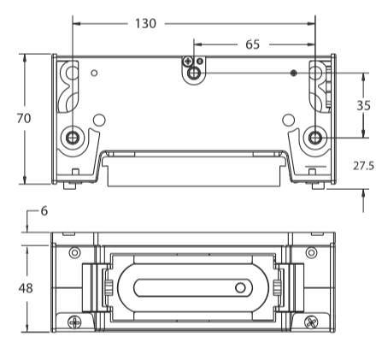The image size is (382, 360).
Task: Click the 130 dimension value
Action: [x=145, y=24]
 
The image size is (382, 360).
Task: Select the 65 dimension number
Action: [x=253, y=44]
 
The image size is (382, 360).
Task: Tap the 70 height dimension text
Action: [x=24, y=118]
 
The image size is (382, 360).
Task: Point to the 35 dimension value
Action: [x=363, y=106]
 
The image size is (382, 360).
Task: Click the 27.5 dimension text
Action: [x=363, y=166]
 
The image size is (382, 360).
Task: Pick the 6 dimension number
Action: [x=44, y=211]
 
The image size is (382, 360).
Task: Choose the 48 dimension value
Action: [x=26, y=288]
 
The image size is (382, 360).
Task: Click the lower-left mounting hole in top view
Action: [x=73, y=138]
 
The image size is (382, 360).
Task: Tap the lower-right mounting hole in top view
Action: [x=315, y=138]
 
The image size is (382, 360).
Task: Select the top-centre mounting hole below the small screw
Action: [x=194, y=74]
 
